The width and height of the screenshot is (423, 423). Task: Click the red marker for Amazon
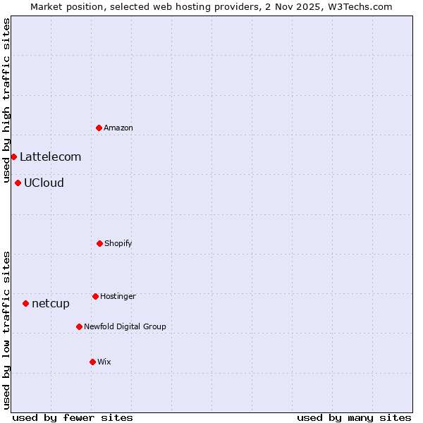click(x=99, y=128)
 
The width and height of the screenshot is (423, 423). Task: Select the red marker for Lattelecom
click(x=13, y=157)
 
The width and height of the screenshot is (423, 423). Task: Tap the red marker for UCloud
click(x=18, y=183)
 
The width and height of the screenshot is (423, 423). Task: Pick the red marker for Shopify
click(x=99, y=243)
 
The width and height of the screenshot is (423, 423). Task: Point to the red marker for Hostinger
click(x=95, y=296)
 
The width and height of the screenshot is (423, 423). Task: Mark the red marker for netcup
click(x=25, y=303)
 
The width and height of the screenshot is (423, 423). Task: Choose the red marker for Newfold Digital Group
click(x=79, y=326)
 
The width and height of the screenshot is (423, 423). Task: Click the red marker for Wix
click(x=92, y=362)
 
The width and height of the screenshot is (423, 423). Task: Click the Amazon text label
click(x=118, y=128)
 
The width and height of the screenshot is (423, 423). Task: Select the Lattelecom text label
click(x=50, y=157)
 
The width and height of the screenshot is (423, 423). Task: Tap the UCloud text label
click(x=44, y=183)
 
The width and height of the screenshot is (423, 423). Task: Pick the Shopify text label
click(x=118, y=243)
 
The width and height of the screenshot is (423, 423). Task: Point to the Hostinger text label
click(x=118, y=296)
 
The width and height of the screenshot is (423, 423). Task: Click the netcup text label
click(x=51, y=303)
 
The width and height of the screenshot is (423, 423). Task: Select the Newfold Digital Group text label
click(x=125, y=326)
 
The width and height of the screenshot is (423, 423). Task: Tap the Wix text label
click(x=104, y=362)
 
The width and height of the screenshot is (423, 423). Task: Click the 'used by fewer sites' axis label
click(x=73, y=417)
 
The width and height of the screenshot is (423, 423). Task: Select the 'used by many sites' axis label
click(x=354, y=417)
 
